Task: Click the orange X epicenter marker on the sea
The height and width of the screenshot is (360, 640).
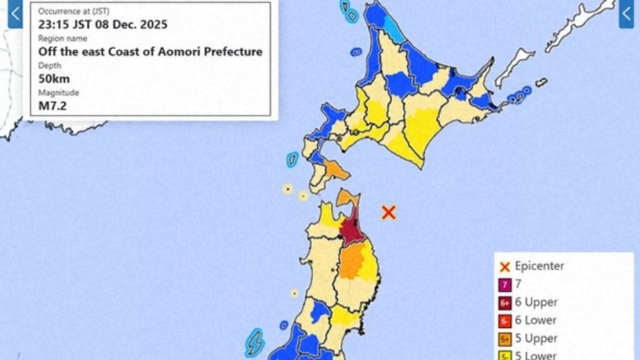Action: (389, 212)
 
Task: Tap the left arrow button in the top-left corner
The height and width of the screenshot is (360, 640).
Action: (14, 14)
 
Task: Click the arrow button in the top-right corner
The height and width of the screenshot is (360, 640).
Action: (626, 14)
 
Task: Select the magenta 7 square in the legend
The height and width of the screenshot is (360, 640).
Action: (504, 284)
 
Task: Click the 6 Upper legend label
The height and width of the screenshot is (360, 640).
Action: (536, 302)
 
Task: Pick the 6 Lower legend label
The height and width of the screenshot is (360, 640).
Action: (537, 321)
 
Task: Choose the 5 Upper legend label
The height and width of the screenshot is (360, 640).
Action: (536, 339)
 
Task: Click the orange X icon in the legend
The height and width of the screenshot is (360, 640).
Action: (505, 267)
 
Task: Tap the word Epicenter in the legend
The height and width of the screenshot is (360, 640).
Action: (539, 266)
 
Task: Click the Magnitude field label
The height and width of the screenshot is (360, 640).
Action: (59, 92)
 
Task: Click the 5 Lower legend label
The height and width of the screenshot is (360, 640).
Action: (536, 356)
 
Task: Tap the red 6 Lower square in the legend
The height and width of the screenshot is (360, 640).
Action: (504, 321)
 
